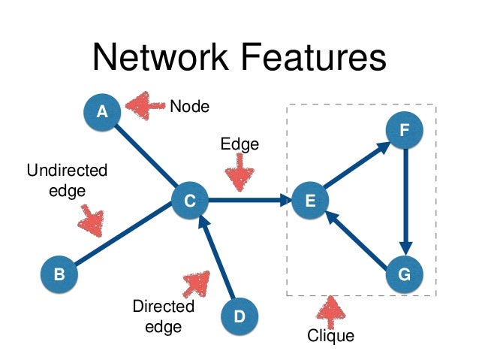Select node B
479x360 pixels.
[59, 274]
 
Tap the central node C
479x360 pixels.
[189, 201]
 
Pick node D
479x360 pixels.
[239, 316]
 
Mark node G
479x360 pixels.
[405, 276]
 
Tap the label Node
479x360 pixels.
[189, 106]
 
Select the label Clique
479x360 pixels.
[330, 335]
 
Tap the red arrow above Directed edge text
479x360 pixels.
[197, 283]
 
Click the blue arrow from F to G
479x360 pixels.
[405, 203]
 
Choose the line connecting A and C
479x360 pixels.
[146, 156]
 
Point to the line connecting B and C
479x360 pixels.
[124, 237]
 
